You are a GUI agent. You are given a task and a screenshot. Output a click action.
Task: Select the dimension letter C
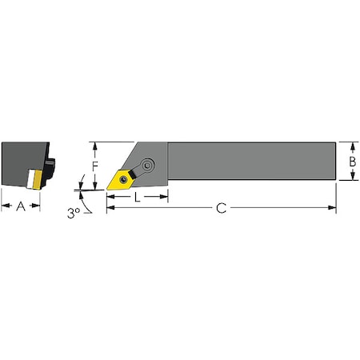tap(222, 208)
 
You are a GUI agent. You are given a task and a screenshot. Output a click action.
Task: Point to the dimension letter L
tap(138, 196)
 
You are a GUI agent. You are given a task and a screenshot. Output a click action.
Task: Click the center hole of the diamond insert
tap(122, 179)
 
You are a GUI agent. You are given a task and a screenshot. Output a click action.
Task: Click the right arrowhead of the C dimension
tap(333, 208)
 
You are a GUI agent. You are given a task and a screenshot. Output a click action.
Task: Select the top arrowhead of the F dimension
tap(94, 146)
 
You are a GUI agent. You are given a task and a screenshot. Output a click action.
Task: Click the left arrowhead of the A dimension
tap(4, 206)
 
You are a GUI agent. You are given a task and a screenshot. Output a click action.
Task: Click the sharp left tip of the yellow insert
tap(108, 189)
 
